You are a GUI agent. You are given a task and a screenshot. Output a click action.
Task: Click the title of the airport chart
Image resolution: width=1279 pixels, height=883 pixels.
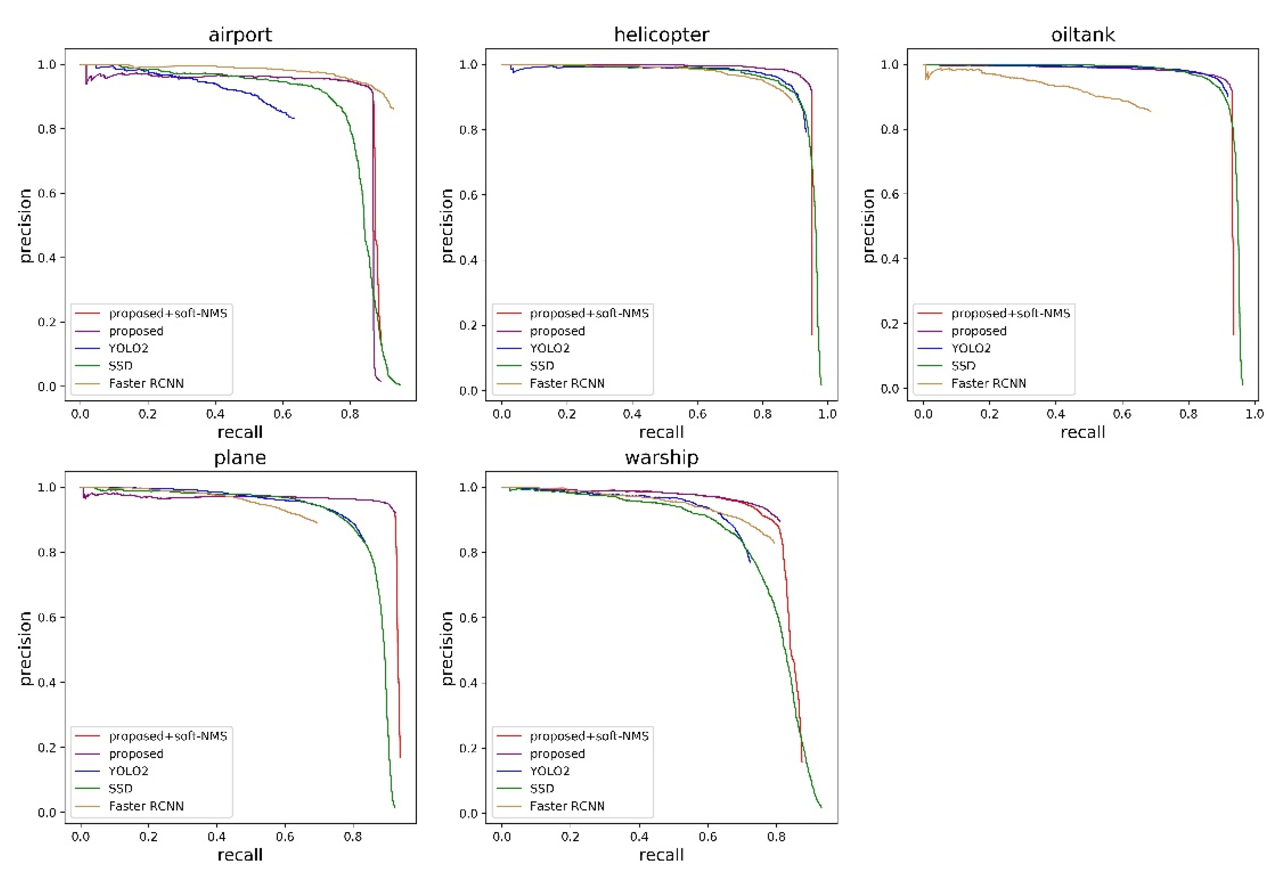coord(240,35)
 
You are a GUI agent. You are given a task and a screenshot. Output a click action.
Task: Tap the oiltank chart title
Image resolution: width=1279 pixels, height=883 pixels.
coord(1082,35)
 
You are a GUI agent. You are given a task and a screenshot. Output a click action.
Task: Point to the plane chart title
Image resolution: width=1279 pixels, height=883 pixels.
coord(240,458)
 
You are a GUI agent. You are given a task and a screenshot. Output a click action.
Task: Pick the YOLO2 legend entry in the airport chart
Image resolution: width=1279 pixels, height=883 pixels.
coord(128,348)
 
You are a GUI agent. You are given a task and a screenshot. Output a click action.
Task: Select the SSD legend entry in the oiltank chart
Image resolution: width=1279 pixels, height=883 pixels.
coord(963,366)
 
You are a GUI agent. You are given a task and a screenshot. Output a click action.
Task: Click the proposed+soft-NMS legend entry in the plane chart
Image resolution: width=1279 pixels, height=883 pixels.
coord(168,736)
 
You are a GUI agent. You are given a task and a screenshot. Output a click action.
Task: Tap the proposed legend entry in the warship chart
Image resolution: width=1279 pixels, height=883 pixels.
coord(557,753)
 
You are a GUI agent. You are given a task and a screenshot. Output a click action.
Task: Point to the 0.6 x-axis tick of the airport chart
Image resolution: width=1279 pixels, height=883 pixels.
coord(282,414)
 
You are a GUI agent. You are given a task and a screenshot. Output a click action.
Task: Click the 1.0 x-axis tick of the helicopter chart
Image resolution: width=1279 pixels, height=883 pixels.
coord(827,414)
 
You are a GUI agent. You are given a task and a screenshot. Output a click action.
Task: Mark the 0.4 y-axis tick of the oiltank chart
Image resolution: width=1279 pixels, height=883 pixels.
coord(889,259)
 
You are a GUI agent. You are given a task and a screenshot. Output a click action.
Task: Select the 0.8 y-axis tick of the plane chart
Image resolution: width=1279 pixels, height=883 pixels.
coord(47,552)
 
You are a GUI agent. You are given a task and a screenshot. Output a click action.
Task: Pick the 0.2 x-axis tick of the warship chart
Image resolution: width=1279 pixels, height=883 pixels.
coord(570,837)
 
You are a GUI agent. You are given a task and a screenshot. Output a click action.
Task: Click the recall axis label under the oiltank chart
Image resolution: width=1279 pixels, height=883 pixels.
coord(1082,432)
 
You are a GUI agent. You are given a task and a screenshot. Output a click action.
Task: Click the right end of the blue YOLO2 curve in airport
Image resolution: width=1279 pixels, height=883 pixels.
coord(294,118)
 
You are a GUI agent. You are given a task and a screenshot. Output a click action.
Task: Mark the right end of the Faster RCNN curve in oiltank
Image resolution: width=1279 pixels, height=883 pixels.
coord(1150,111)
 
